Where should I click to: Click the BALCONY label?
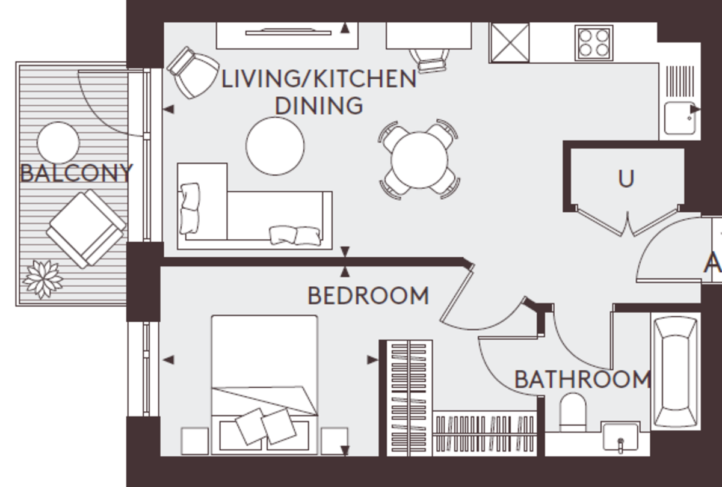click(76, 173)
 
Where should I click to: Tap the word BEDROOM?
click(368, 296)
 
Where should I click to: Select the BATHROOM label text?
click(582, 380)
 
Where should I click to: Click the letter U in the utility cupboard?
click(626, 179)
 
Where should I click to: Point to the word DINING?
click(319, 105)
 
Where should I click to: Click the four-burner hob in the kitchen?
click(593, 42)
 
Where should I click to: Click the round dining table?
click(419, 159)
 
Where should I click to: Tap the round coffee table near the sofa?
click(275, 146)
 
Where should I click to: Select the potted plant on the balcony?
click(43, 279)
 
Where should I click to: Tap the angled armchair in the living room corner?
click(193, 73)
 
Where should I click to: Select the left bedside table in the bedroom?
click(194, 441)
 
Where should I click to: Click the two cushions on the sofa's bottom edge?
click(294, 234)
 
